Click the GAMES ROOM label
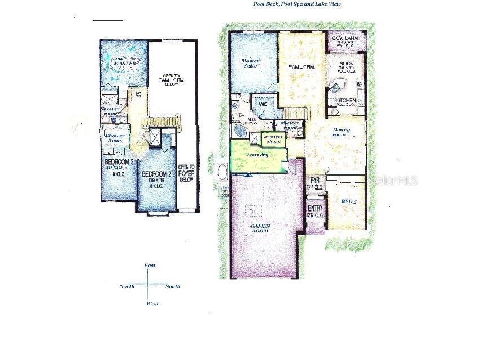(260, 228)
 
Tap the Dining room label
(340, 132)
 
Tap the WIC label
(263, 104)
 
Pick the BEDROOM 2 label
(157, 174)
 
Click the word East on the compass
(150, 265)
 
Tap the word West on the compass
(152, 304)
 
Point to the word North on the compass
(127, 286)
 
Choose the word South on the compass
(173, 286)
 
